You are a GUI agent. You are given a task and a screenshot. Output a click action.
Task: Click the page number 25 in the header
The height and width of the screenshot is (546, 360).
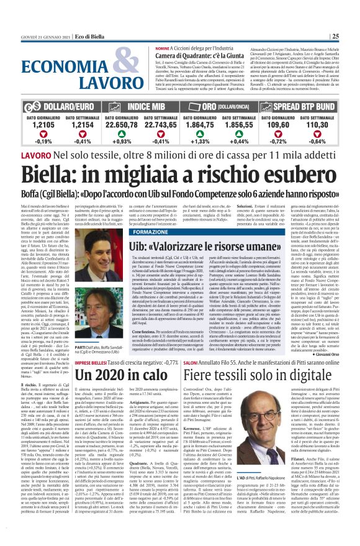[x=351, y=35]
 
